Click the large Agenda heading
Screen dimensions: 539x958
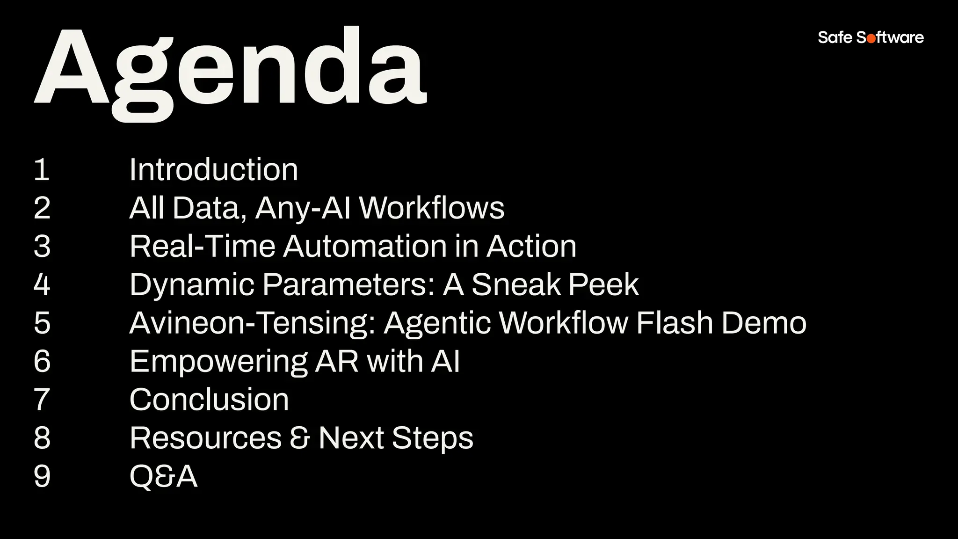click(x=230, y=70)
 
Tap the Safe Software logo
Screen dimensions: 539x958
click(x=871, y=37)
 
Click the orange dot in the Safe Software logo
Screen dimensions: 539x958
click(x=871, y=39)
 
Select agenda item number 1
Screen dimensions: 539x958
click(x=42, y=170)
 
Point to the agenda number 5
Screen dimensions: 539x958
click(x=42, y=323)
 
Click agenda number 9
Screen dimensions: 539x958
click(x=42, y=476)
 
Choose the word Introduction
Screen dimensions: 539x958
click(x=213, y=170)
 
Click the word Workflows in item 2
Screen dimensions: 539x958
click(x=432, y=208)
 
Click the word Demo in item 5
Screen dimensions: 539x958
click(x=764, y=323)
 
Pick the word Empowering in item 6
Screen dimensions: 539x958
click(x=218, y=362)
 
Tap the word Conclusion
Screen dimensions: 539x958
click(x=209, y=400)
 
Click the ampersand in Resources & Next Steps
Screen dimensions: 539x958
click(x=300, y=438)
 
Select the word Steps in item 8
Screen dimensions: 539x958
click(x=432, y=439)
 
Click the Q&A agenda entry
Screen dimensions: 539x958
click(x=163, y=477)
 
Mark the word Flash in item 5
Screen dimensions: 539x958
click(x=674, y=323)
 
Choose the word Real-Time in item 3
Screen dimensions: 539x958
click(x=203, y=246)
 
